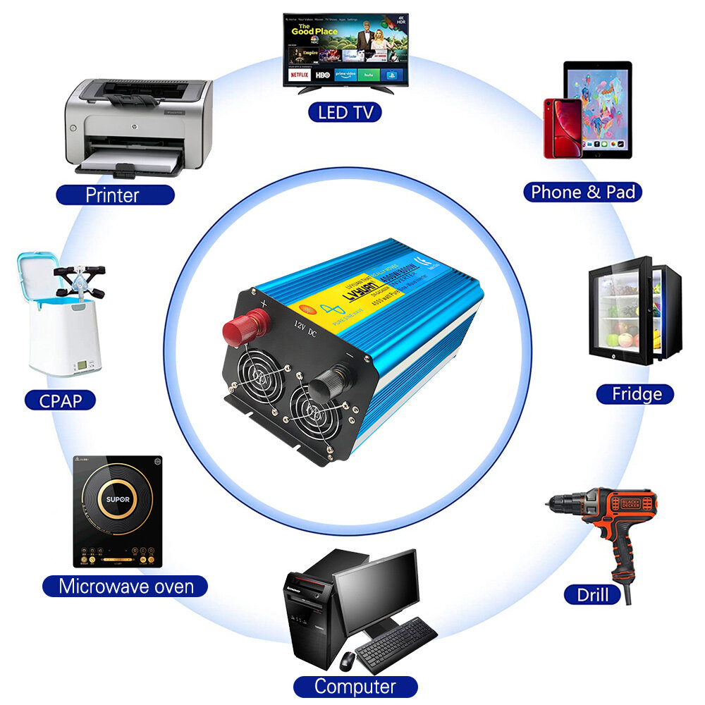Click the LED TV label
tap(345, 111)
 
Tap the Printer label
tap(113, 195)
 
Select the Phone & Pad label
tap(582, 192)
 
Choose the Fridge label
tap(636, 393)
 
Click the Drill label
tap(592, 594)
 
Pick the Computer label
tap(355, 686)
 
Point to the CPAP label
tap(61, 400)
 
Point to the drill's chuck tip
tap(550, 502)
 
